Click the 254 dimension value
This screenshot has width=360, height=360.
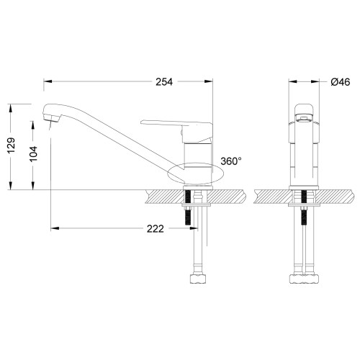(x=165, y=81)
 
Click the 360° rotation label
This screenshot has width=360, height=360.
(x=231, y=161)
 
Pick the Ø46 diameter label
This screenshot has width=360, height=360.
(x=341, y=81)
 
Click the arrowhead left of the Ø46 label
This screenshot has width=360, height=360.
(x=297, y=81)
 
